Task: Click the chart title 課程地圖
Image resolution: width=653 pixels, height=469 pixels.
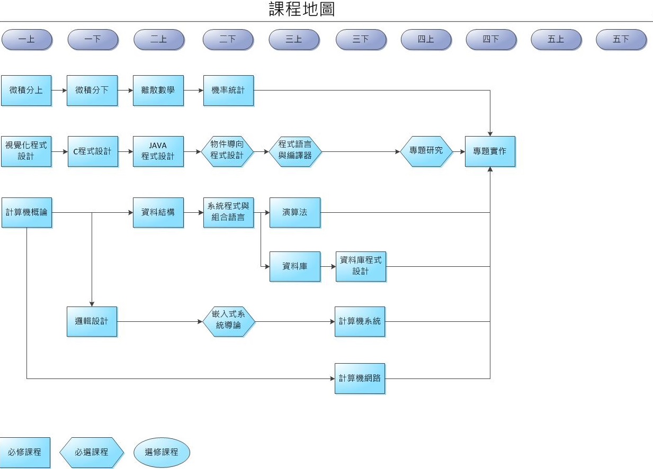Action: coord(302,10)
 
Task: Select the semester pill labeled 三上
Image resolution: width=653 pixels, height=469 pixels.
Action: coord(294,39)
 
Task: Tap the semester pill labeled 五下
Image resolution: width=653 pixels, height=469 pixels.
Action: coord(621,39)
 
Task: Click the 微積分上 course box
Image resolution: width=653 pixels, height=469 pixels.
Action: coord(26,91)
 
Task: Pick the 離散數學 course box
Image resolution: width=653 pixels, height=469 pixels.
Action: coord(158,91)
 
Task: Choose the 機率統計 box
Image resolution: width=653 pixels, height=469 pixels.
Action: coord(228,91)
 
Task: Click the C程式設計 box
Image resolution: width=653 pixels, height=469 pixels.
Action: coord(93,151)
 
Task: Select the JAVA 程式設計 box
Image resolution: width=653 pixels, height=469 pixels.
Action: coord(158,151)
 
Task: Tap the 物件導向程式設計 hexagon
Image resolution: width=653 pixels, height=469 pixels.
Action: coord(228,151)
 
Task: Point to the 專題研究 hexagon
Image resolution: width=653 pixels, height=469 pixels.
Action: coord(426,151)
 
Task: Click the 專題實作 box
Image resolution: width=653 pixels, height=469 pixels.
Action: coord(490,151)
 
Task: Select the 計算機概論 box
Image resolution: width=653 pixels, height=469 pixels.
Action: coord(26,213)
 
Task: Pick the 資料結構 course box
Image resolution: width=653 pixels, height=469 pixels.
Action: coord(158,213)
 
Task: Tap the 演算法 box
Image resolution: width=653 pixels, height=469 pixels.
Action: coord(295,213)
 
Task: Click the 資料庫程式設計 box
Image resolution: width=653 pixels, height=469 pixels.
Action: coord(361,266)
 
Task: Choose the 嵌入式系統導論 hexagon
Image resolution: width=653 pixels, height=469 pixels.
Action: coord(229,321)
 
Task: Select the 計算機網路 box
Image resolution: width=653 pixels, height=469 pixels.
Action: coord(360,378)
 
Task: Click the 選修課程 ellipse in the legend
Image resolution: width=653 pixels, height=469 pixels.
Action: coord(162,453)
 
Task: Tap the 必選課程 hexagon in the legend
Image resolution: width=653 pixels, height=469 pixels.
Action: coord(92,453)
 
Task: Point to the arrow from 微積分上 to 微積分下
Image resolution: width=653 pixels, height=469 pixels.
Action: coord(59,91)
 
